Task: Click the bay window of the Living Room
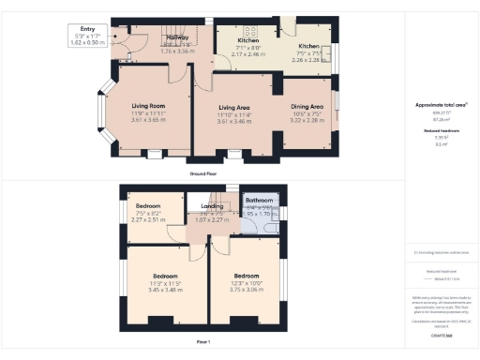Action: tap(106, 114)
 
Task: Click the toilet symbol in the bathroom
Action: tap(247, 222)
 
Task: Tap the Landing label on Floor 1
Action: tap(212, 211)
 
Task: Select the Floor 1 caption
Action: tap(203, 343)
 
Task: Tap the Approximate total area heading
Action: tap(440, 106)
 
